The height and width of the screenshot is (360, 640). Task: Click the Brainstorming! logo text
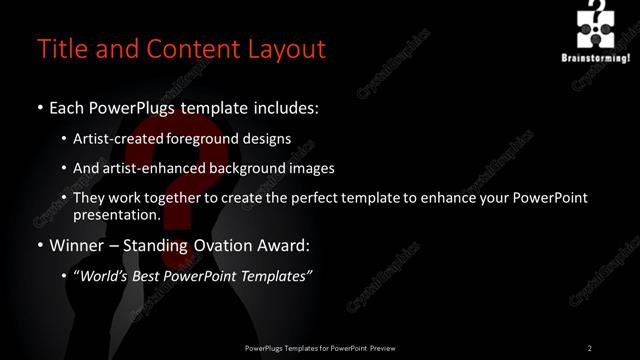pos(597,57)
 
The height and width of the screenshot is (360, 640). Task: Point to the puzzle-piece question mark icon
pos(598,25)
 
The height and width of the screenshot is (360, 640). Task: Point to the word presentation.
pos(117,214)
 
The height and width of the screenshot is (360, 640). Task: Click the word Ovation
pos(225,245)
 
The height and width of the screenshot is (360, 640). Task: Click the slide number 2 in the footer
pos(590,347)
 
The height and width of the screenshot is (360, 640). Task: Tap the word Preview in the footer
pos(382,347)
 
